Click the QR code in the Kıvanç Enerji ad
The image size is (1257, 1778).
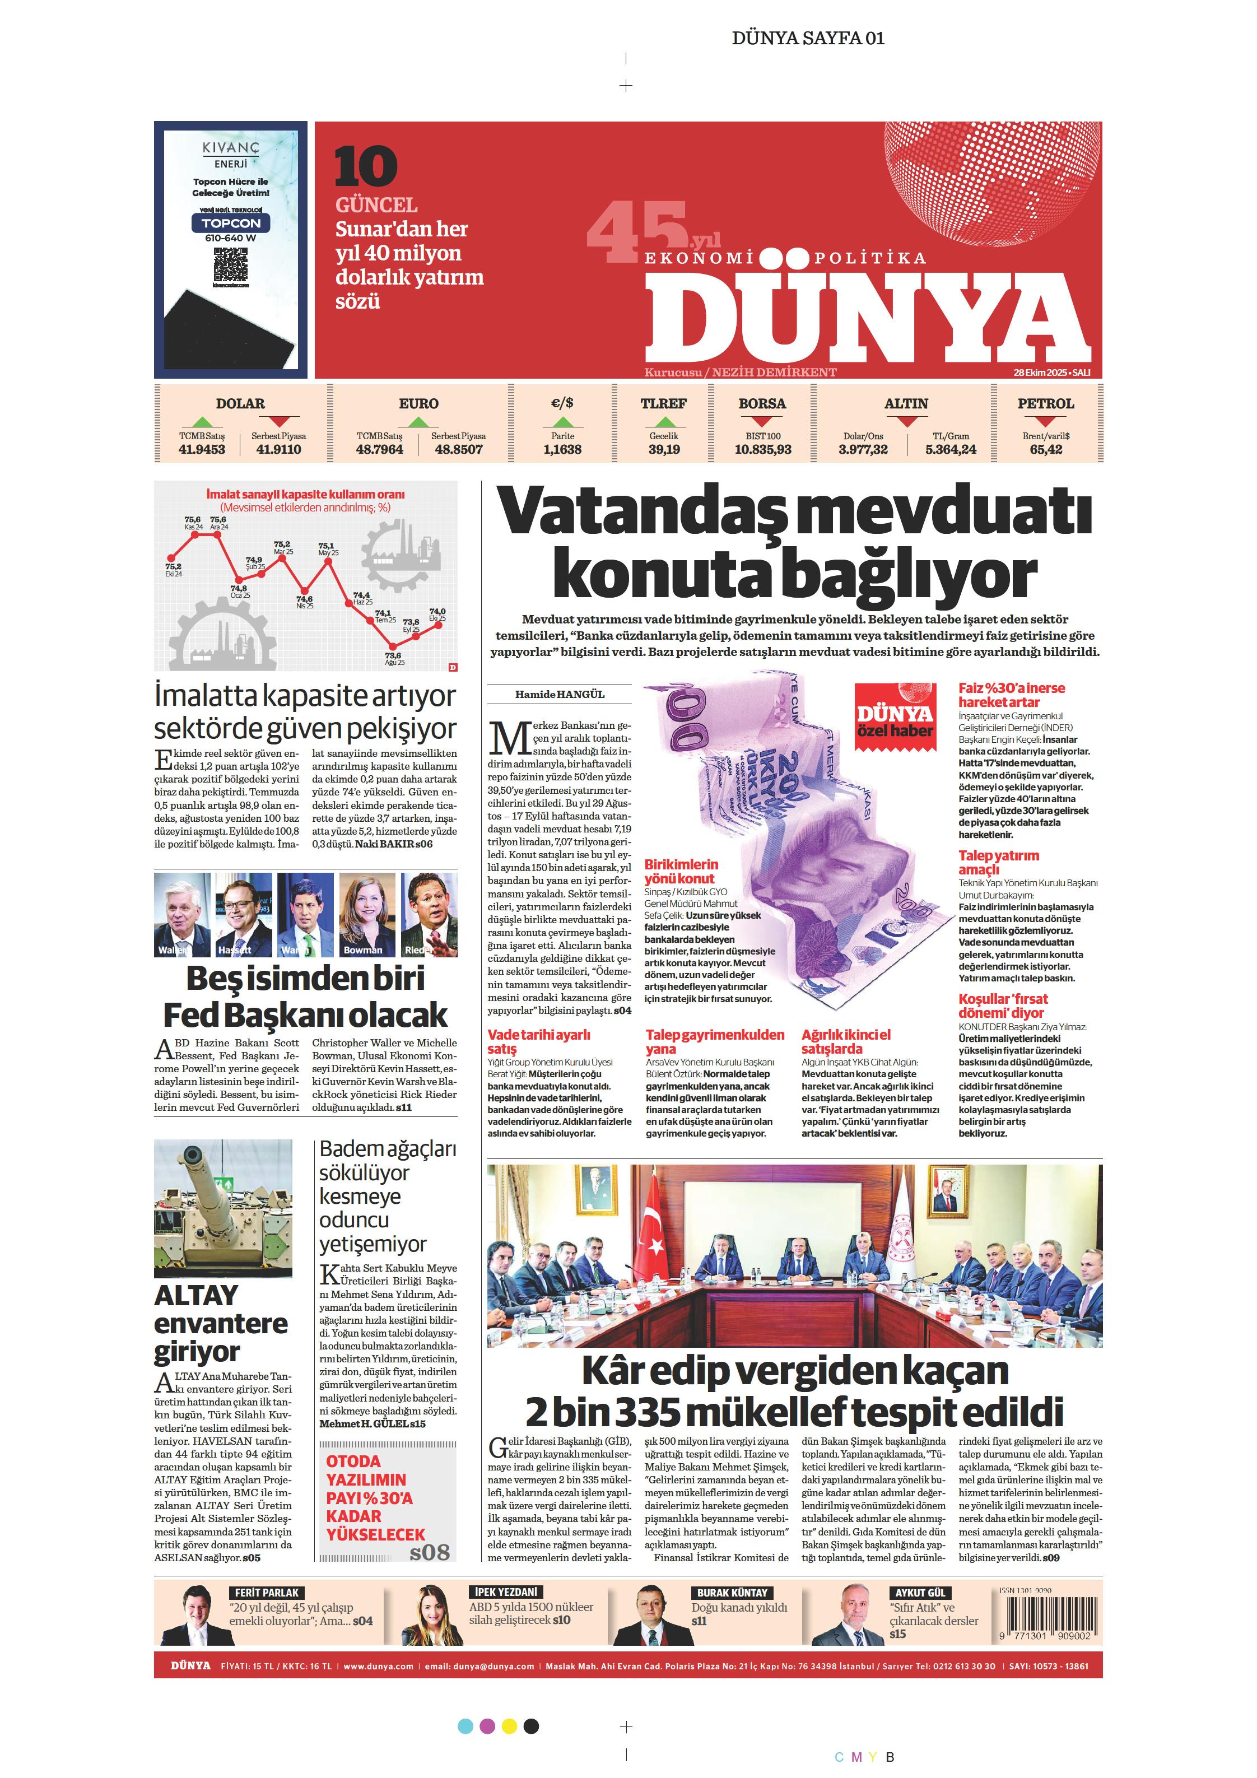click(x=230, y=265)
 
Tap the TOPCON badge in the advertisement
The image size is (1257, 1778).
click(x=231, y=223)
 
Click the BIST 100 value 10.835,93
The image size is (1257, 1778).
click(x=763, y=449)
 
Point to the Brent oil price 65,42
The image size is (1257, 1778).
click(x=1046, y=449)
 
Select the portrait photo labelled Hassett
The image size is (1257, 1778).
click(x=243, y=915)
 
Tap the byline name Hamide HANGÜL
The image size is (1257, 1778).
click(x=559, y=694)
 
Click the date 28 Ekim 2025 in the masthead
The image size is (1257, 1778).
click(x=1042, y=373)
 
